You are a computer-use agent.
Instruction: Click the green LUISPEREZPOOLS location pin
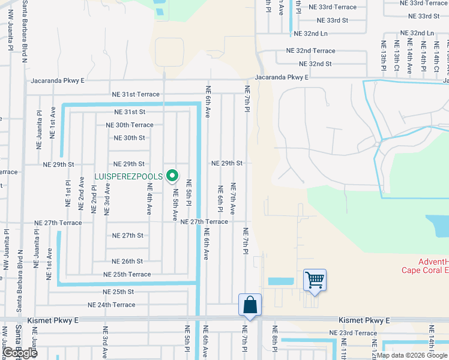click(172, 176)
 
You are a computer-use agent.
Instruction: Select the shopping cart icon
click(315, 280)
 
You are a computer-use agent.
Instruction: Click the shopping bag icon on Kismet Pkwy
click(250, 305)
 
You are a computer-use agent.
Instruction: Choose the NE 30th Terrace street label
click(129, 125)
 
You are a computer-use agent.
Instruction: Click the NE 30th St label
click(129, 137)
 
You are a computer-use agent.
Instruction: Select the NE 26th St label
click(127, 261)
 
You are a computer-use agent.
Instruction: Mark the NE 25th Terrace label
click(127, 274)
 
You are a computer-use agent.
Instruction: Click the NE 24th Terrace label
click(112, 305)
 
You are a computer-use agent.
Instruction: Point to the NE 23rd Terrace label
click(353, 333)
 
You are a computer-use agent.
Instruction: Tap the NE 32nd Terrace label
click(310, 51)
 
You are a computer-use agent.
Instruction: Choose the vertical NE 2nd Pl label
click(94, 197)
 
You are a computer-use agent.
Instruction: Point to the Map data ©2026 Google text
click(412, 355)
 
